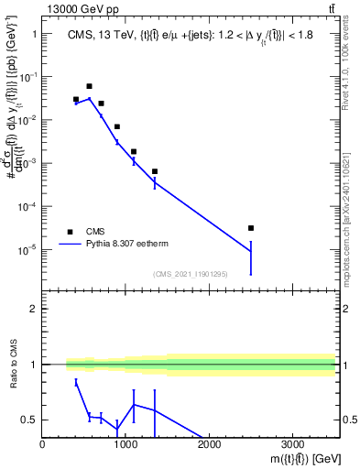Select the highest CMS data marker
[x=89, y=86]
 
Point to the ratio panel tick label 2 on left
[x=33, y=309]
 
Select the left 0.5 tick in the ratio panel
[x=29, y=420]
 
